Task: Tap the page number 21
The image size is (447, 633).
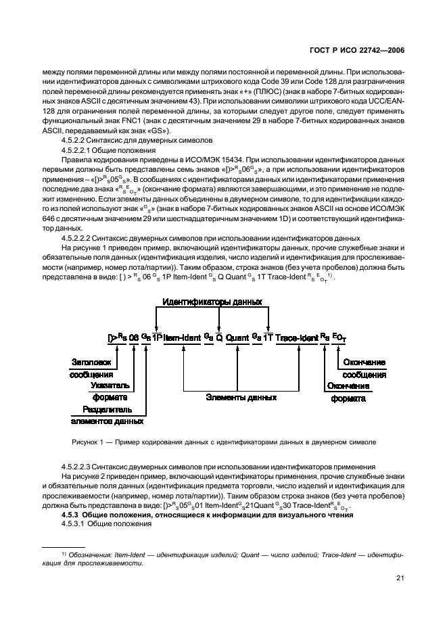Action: [x=399, y=578]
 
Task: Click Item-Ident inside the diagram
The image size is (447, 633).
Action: [x=182, y=336]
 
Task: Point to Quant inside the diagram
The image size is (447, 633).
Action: [x=237, y=336]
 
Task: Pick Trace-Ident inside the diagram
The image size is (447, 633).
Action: [x=295, y=336]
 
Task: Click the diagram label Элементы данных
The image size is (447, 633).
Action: [x=236, y=398]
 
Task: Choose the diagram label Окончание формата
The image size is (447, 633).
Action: [x=349, y=392]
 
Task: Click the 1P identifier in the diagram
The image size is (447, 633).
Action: [x=156, y=336]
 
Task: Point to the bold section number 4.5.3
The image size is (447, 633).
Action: [x=72, y=515]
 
